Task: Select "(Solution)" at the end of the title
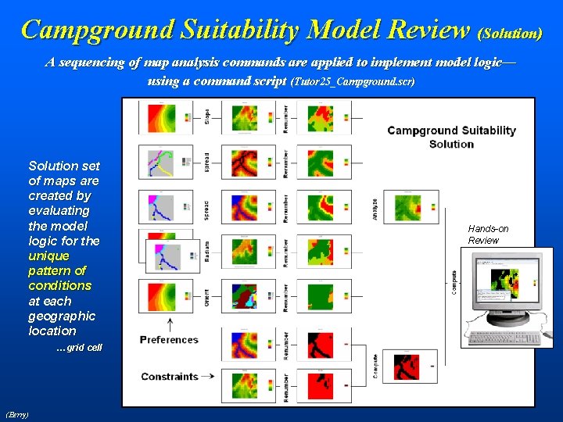(x=511, y=34)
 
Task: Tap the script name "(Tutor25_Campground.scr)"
(x=351, y=81)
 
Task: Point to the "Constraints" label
(x=170, y=377)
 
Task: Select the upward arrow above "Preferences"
(x=170, y=323)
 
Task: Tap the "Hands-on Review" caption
(x=488, y=234)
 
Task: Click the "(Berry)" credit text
(x=17, y=413)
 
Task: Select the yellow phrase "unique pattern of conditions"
(x=59, y=270)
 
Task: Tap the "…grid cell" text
(x=78, y=347)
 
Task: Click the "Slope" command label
(x=207, y=116)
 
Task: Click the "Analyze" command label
(x=376, y=208)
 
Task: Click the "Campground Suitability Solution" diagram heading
(x=451, y=137)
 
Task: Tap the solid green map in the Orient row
(x=320, y=295)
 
